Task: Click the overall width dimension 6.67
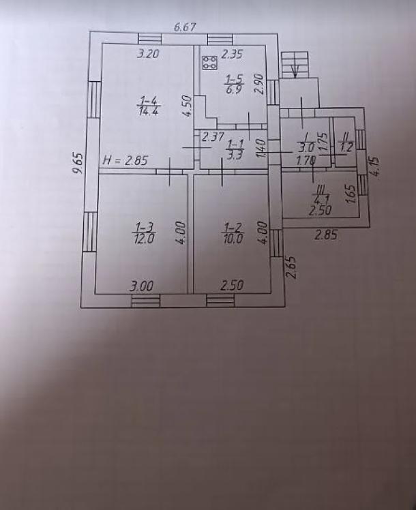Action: click(x=185, y=28)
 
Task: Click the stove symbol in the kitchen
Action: click(x=209, y=63)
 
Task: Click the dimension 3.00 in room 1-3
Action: click(x=141, y=286)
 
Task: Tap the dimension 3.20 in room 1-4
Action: click(x=149, y=55)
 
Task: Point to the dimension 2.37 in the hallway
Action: click(x=213, y=136)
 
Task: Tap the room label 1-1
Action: click(x=236, y=143)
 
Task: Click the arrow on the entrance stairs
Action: click(x=295, y=70)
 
